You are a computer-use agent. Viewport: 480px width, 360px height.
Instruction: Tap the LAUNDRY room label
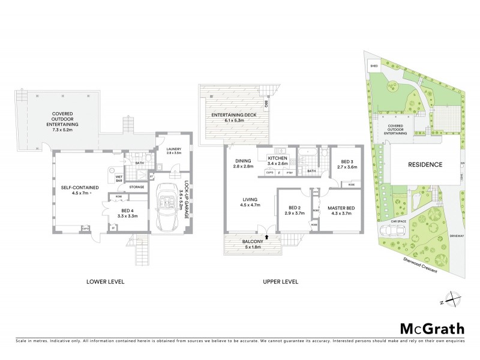tap(165, 151)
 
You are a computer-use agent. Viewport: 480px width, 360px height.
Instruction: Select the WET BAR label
tap(119, 178)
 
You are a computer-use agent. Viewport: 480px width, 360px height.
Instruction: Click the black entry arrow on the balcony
tap(267, 238)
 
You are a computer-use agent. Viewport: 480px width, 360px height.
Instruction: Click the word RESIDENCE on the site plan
tap(425, 164)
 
